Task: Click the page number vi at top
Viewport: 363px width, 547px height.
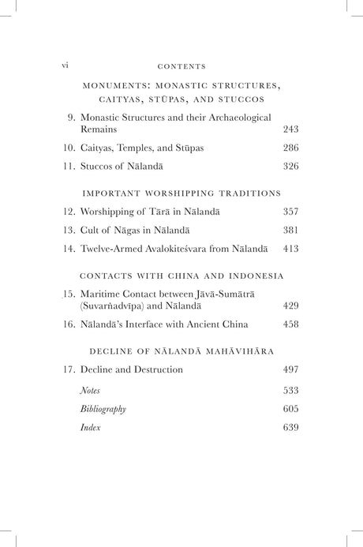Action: [65, 66]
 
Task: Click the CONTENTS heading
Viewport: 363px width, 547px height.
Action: [182, 67]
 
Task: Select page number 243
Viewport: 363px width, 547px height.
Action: [290, 128]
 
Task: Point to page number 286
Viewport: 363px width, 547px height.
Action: [290, 148]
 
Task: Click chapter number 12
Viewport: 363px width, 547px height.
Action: [69, 212]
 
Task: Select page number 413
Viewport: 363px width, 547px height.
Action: [290, 251]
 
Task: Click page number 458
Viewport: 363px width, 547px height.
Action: [290, 324]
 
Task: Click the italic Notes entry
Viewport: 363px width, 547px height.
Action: [89, 389]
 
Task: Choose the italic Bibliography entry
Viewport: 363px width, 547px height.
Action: [103, 409]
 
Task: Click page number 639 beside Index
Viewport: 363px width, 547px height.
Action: [290, 429]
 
